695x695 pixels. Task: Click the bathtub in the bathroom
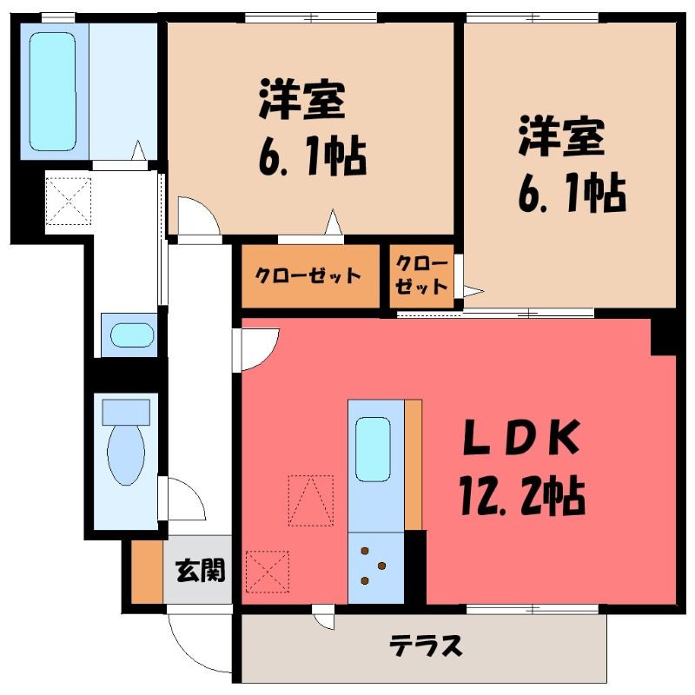pyautogui.click(x=53, y=91)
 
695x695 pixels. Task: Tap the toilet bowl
pyautogui.click(x=126, y=454)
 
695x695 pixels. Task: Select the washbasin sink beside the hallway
pyautogui.click(x=132, y=335)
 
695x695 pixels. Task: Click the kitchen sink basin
pyautogui.click(x=373, y=449)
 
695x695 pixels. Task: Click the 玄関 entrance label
pyautogui.click(x=201, y=570)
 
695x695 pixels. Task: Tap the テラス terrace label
pyautogui.click(x=426, y=645)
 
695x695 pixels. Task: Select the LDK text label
pyautogui.click(x=522, y=438)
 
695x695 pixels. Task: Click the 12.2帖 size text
pyautogui.click(x=523, y=494)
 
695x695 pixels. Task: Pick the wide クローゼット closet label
pyautogui.click(x=308, y=275)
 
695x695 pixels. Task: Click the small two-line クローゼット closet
pyautogui.click(x=421, y=275)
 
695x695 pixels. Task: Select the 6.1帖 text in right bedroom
pyautogui.click(x=572, y=193)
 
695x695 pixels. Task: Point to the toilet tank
pyautogui.click(x=126, y=412)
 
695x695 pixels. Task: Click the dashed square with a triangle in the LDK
pyautogui.click(x=311, y=500)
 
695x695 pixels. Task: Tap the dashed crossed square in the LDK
pyautogui.click(x=268, y=572)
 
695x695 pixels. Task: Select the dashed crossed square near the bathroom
pyautogui.click(x=69, y=202)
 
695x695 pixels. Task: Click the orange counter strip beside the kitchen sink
pyautogui.click(x=414, y=465)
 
